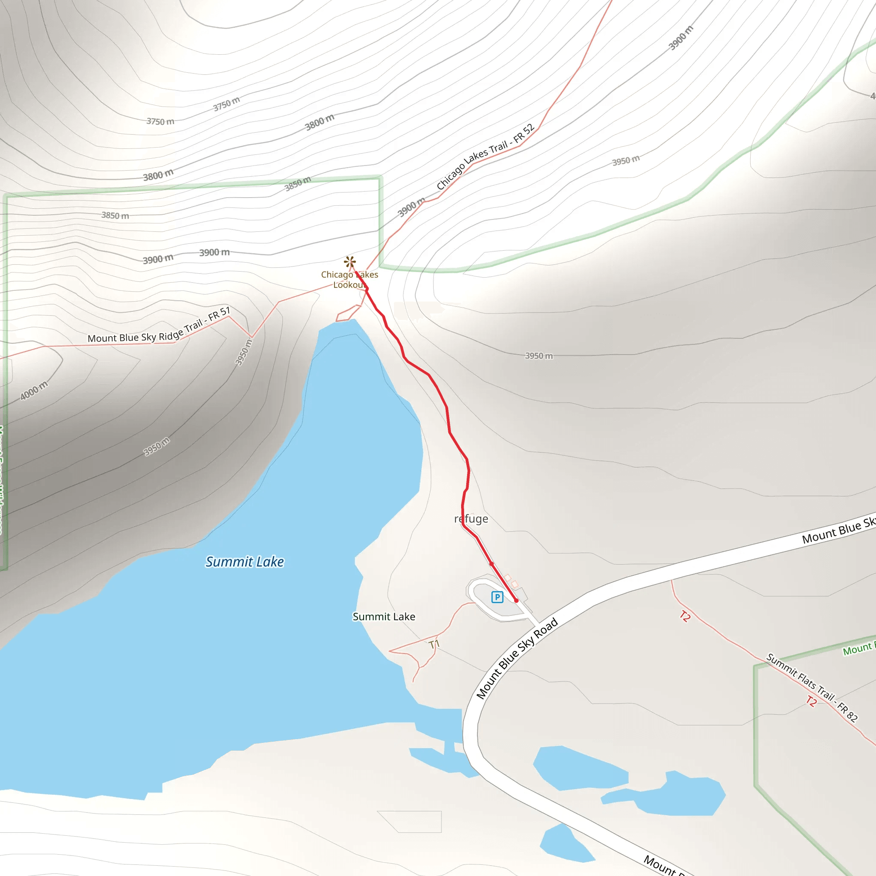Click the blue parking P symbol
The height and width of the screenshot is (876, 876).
497,597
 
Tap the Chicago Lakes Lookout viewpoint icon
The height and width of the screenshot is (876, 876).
349,262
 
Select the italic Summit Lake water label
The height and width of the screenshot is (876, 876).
245,562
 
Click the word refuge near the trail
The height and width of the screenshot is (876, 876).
471,519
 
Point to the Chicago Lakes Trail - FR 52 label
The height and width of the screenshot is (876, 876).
485,157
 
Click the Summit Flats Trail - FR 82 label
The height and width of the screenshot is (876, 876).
811,687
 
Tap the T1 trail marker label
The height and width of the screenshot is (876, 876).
434,644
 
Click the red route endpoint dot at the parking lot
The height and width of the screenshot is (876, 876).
516,600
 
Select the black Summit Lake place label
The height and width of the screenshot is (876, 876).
384,617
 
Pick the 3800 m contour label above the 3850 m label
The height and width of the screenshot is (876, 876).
158,175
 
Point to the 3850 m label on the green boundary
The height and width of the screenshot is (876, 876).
298,183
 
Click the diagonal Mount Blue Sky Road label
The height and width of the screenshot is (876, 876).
517,658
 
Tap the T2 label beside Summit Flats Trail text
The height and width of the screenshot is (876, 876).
811,701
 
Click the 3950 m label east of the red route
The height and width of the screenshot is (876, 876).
539,356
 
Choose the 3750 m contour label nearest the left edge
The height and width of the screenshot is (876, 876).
160,121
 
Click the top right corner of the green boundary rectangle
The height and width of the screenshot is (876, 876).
380,178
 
